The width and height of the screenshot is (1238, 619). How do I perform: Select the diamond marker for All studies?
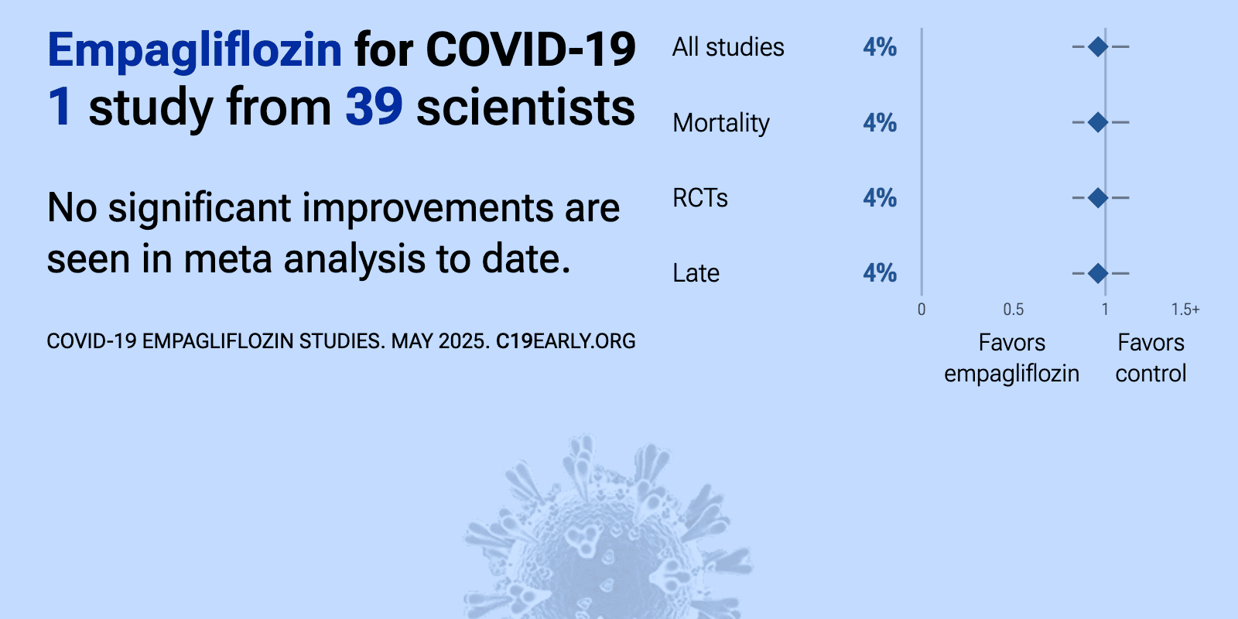(1098, 47)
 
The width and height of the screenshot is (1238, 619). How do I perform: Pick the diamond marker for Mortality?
(1098, 122)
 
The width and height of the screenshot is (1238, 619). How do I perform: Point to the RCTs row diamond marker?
(1098, 197)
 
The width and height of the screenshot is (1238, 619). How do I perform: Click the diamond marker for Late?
(1098, 273)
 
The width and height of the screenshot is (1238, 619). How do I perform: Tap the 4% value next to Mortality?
(880, 123)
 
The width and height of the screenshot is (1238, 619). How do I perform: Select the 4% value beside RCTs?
(880, 198)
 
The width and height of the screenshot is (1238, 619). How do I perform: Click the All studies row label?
(728, 47)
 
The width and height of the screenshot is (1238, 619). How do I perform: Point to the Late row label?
(696, 273)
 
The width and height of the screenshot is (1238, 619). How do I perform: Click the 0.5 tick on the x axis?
(1013, 309)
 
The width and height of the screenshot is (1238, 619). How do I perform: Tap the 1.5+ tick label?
(1185, 309)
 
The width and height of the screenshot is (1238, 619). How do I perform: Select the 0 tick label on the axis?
(922, 309)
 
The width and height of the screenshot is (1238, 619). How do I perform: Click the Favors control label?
(1151, 358)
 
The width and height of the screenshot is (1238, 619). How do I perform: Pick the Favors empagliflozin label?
(1011, 358)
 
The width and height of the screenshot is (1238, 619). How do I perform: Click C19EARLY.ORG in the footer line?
(566, 341)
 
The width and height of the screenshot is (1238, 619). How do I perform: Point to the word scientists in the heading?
(525, 108)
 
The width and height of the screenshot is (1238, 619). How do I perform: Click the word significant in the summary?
(200, 209)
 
